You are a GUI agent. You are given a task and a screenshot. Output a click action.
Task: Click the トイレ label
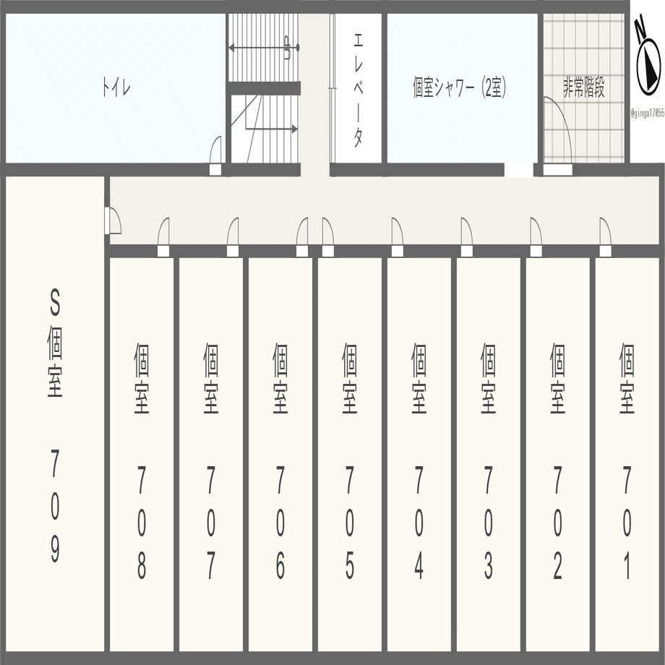(x=116, y=89)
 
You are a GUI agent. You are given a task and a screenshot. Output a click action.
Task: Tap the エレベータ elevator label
(x=358, y=89)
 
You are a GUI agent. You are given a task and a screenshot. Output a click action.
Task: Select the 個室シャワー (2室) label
(x=459, y=89)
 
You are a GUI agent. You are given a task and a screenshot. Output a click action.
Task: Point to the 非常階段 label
(x=584, y=88)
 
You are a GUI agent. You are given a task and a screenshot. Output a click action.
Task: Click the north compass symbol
(x=648, y=61)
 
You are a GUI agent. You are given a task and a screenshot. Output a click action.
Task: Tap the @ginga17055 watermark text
(x=647, y=113)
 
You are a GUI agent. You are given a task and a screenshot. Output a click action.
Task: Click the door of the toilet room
(x=215, y=153)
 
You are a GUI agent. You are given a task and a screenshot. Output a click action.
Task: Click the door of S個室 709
(x=113, y=220)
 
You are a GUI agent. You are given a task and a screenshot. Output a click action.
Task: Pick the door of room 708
(x=164, y=233)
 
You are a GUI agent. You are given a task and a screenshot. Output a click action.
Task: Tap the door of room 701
(x=605, y=233)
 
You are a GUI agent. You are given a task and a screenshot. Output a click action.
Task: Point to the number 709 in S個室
(x=55, y=505)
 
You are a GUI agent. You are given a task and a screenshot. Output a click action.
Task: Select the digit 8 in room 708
(x=142, y=566)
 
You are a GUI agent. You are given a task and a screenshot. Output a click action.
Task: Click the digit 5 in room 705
(x=350, y=566)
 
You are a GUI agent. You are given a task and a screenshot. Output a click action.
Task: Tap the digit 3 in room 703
(x=489, y=566)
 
